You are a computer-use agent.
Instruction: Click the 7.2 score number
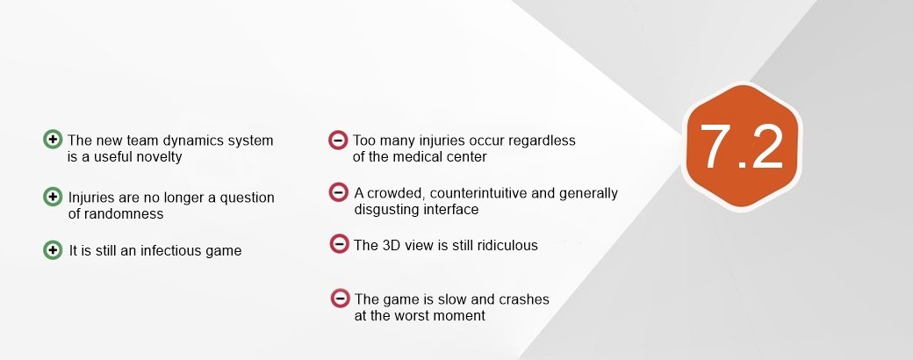tap(741, 147)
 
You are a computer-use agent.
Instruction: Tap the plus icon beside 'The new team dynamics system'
tap(53, 140)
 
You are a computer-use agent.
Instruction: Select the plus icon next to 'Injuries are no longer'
tap(53, 197)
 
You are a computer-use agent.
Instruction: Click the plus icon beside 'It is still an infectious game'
tap(53, 250)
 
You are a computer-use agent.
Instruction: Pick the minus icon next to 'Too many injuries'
tap(338, 140)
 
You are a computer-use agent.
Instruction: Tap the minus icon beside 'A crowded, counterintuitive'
tap(338, 192)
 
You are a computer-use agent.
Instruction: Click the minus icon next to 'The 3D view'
tap(339, 244)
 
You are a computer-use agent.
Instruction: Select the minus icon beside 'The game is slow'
tap(340, 299)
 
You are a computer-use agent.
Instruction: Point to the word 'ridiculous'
tap(507, 245)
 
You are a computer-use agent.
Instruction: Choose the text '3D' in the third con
tap(391, 245)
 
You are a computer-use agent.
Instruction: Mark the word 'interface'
tap(449, 210)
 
